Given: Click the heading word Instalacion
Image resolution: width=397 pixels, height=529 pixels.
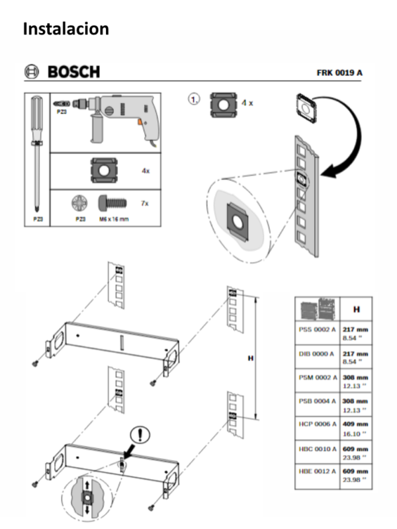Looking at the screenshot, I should tap(66, 28).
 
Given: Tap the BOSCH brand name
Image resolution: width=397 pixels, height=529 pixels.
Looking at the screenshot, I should tap(72, 71).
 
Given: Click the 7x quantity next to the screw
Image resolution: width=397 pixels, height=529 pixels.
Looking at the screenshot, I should tap(145, 203).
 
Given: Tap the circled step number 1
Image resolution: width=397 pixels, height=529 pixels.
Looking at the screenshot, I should tap(194, 99).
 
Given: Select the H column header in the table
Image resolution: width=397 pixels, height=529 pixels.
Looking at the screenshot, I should tap(356, 309).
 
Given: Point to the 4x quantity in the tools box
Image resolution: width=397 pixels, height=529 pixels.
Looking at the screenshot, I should tap(145, 171).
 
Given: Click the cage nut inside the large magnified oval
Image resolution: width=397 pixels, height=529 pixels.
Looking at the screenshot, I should tap(236, 218).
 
